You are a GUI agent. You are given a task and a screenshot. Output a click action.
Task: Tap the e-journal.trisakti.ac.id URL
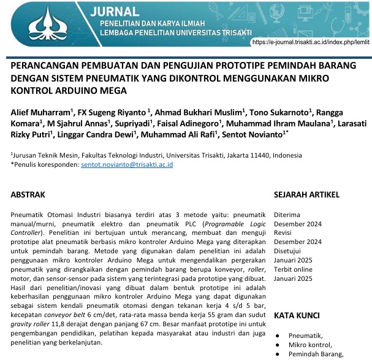pos(311,42)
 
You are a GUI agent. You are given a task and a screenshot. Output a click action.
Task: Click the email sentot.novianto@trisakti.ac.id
pos(127,165)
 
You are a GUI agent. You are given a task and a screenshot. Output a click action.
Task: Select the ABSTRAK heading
pos(28,195)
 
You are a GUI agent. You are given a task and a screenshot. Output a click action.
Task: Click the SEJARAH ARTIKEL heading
pos(306,195)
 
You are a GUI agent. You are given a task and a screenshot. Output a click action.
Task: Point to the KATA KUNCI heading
pos(297,315)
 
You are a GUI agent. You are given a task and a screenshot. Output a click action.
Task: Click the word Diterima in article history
pos(287,215)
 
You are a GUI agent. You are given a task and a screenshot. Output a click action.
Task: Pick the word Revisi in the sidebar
pos(284,234)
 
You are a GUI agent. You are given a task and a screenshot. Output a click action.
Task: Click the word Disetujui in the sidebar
pos(287,251)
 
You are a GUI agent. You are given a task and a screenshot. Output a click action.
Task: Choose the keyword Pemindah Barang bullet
pos(315,354)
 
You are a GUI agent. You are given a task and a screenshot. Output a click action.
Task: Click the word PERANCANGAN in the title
pos(46,66)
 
